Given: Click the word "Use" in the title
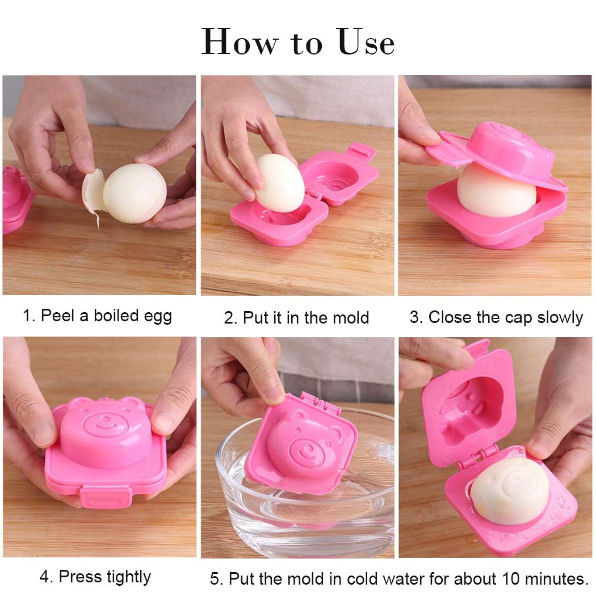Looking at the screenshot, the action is tap(366, 42).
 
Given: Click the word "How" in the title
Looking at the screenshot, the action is tap(240, 42).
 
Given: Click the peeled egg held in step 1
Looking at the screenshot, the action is tap(135, 193).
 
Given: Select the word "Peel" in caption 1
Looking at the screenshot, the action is tap(57, 316).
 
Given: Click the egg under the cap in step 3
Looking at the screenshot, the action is tap(497, 192).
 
